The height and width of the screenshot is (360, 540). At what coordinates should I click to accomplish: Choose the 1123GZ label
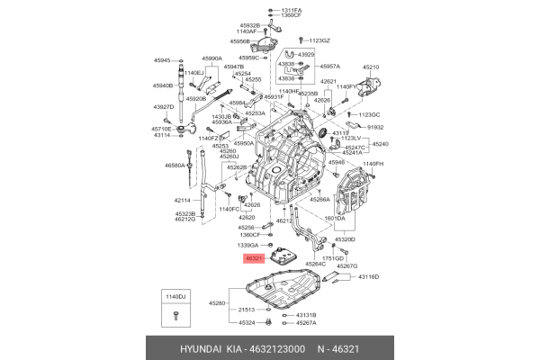[319, 40]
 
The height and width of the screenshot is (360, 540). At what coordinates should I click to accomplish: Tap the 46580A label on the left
[175, 166]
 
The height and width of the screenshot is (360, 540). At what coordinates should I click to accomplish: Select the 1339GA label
[247, 245]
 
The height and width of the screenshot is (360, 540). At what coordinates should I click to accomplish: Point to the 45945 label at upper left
[162, 60]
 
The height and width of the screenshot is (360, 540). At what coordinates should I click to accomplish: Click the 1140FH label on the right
[372, 164]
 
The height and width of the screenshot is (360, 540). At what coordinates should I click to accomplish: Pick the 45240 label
[381, 144]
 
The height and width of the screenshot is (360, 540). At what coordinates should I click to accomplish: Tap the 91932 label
[375, 129]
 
